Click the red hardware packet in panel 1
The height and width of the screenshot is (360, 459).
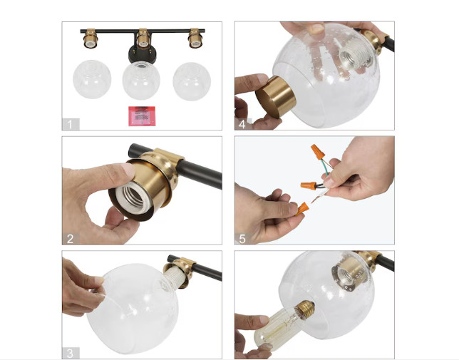coord(142,116)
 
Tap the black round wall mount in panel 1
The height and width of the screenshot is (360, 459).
coord(142,54)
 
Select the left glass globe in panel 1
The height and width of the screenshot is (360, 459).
coord(92,79)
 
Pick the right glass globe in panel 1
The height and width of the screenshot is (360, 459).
coord(192,82)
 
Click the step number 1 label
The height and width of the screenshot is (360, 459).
coord(70,124)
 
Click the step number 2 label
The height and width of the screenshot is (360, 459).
coord(70,239)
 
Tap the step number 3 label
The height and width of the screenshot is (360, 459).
coord(70,353)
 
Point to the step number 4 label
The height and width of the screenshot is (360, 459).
coord(242,124)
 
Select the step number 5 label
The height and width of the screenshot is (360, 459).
coord(242,239)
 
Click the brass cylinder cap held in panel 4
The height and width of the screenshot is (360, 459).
coord(276,96)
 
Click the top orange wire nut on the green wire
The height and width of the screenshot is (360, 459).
coord(317,152)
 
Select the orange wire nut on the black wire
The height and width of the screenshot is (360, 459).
coord(309,185)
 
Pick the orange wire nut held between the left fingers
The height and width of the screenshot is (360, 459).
coord(301,209)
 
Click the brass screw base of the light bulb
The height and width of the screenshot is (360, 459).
coord(305,309)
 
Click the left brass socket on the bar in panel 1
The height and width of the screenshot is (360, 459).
coord(90,38)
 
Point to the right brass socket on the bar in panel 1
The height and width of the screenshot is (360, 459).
coord(195,38)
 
